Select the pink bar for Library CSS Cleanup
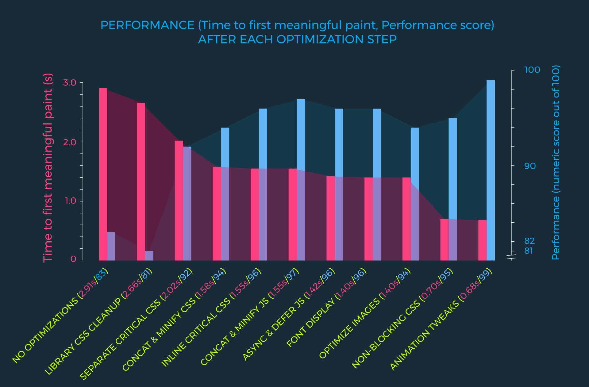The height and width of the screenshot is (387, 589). (x=141, y=181)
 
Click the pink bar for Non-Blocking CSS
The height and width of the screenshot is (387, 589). (x=445, y=239)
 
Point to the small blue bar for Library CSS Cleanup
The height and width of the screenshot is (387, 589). (x=149, y=256)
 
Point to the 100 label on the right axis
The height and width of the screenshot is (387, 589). (x=532, y=70)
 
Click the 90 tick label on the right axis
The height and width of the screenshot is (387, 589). (x=530, y=166)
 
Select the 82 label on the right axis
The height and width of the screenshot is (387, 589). (x=529, y=241)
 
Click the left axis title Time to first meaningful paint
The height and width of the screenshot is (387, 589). (x=48, y=168)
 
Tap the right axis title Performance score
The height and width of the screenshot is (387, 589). (x=556, y=163)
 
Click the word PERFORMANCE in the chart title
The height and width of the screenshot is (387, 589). (x=147, y=25)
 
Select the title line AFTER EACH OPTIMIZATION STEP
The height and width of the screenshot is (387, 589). (x=297, y=40)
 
